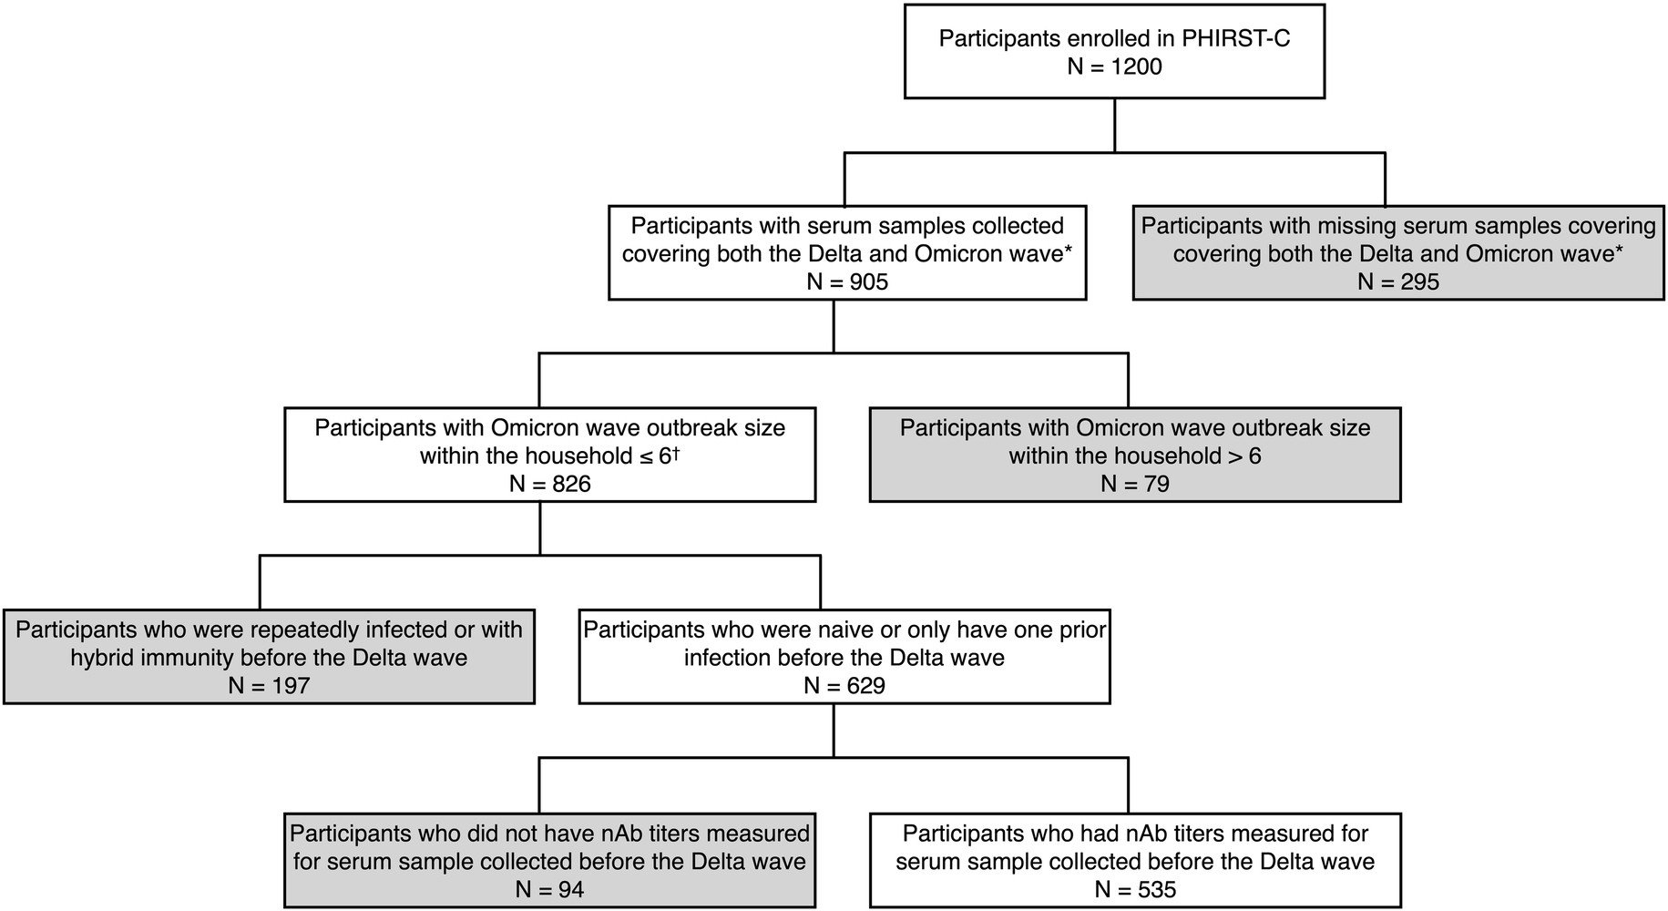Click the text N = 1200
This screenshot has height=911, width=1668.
pos(1114,67)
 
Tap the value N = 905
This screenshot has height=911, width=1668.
pos(847,282)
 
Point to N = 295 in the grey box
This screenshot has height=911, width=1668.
pos(1398,282)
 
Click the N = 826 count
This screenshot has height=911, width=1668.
pos(549,485)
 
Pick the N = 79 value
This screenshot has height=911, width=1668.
pos(1134,485)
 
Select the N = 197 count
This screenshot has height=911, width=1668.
pos(269,686)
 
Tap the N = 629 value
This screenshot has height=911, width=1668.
pos(844,686)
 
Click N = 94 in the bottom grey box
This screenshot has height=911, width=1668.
pos(549,890)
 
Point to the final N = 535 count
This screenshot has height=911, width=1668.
pos(1135,890)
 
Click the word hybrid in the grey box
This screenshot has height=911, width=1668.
pos(102,658)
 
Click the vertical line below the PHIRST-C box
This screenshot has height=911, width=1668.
pos(1114,125)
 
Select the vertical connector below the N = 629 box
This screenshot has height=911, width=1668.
pos(834,731)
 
